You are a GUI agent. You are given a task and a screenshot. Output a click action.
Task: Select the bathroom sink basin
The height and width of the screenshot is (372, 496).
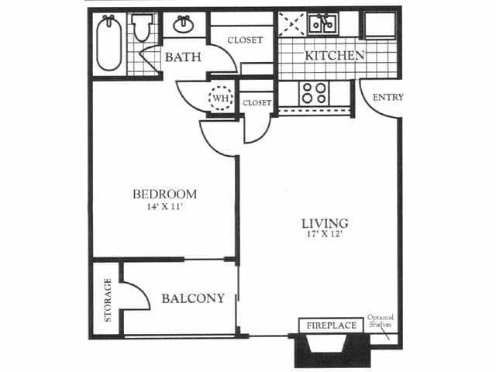point(184,25)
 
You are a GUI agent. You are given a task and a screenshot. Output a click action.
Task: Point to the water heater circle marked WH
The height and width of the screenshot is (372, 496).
point(221,98)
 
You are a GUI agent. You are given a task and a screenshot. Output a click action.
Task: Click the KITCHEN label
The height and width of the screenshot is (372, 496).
point(334,56)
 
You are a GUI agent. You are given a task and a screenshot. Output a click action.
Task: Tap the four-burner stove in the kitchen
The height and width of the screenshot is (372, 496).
point(314,93)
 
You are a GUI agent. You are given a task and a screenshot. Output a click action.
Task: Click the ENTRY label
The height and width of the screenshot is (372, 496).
point(387,98)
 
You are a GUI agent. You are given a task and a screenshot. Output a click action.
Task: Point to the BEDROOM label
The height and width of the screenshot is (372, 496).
point(164,194)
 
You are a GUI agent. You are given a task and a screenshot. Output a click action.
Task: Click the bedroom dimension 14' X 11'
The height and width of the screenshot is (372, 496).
point(164,207)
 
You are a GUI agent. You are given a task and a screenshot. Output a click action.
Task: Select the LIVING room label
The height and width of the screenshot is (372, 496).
point(325,224)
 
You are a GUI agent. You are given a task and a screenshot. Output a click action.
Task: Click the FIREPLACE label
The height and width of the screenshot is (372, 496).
point(332,325)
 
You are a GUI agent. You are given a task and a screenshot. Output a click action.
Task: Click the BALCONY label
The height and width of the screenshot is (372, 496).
point(193,298)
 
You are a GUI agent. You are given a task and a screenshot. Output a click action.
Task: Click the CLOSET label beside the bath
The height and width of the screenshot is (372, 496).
point(244,40)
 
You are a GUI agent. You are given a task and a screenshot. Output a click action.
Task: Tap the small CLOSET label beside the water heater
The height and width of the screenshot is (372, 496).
point(257,102)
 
